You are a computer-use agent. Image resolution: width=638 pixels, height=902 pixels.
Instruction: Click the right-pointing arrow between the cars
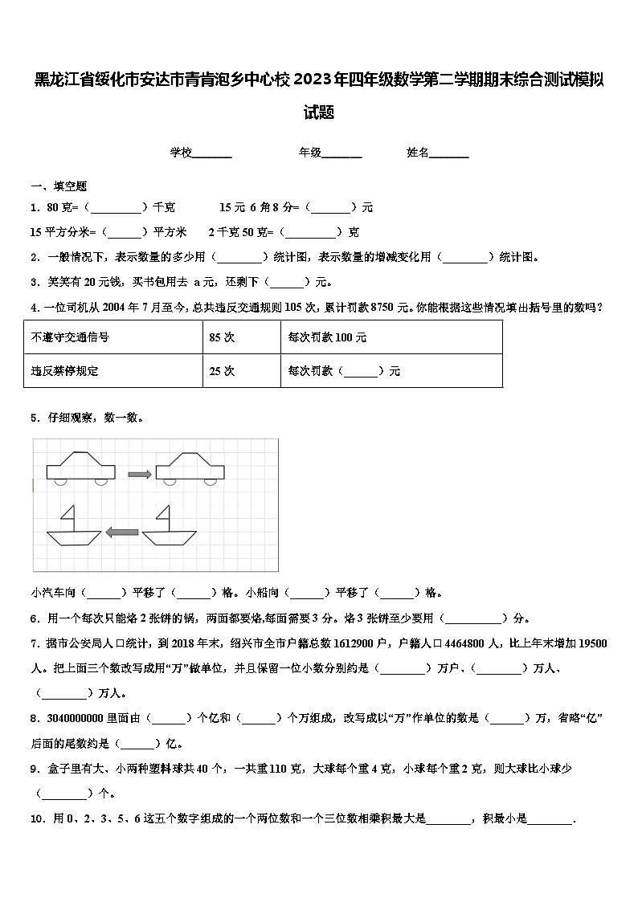pyautogui.click(x=140, y=474)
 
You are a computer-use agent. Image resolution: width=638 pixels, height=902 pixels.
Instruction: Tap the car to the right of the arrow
pyautogui.click(x=189, y=468)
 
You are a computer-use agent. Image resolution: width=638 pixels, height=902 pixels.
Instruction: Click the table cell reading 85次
pyautogui.click(x=222, y=337)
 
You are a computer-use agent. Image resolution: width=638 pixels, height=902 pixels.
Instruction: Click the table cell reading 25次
pyautogui.click(x=222, y=371)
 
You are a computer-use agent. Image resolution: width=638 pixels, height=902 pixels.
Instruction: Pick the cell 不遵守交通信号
pyautogui.click(x=70, y=337)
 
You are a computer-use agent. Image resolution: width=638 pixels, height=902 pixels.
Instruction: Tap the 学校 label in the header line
pyautogui.click(x=181, y=153)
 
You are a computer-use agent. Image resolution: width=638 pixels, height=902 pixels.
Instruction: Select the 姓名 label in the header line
pyautogui.click(x=418, y=153)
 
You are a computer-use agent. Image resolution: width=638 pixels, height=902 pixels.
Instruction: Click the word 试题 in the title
pyautogui.click(x=319, y=113)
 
